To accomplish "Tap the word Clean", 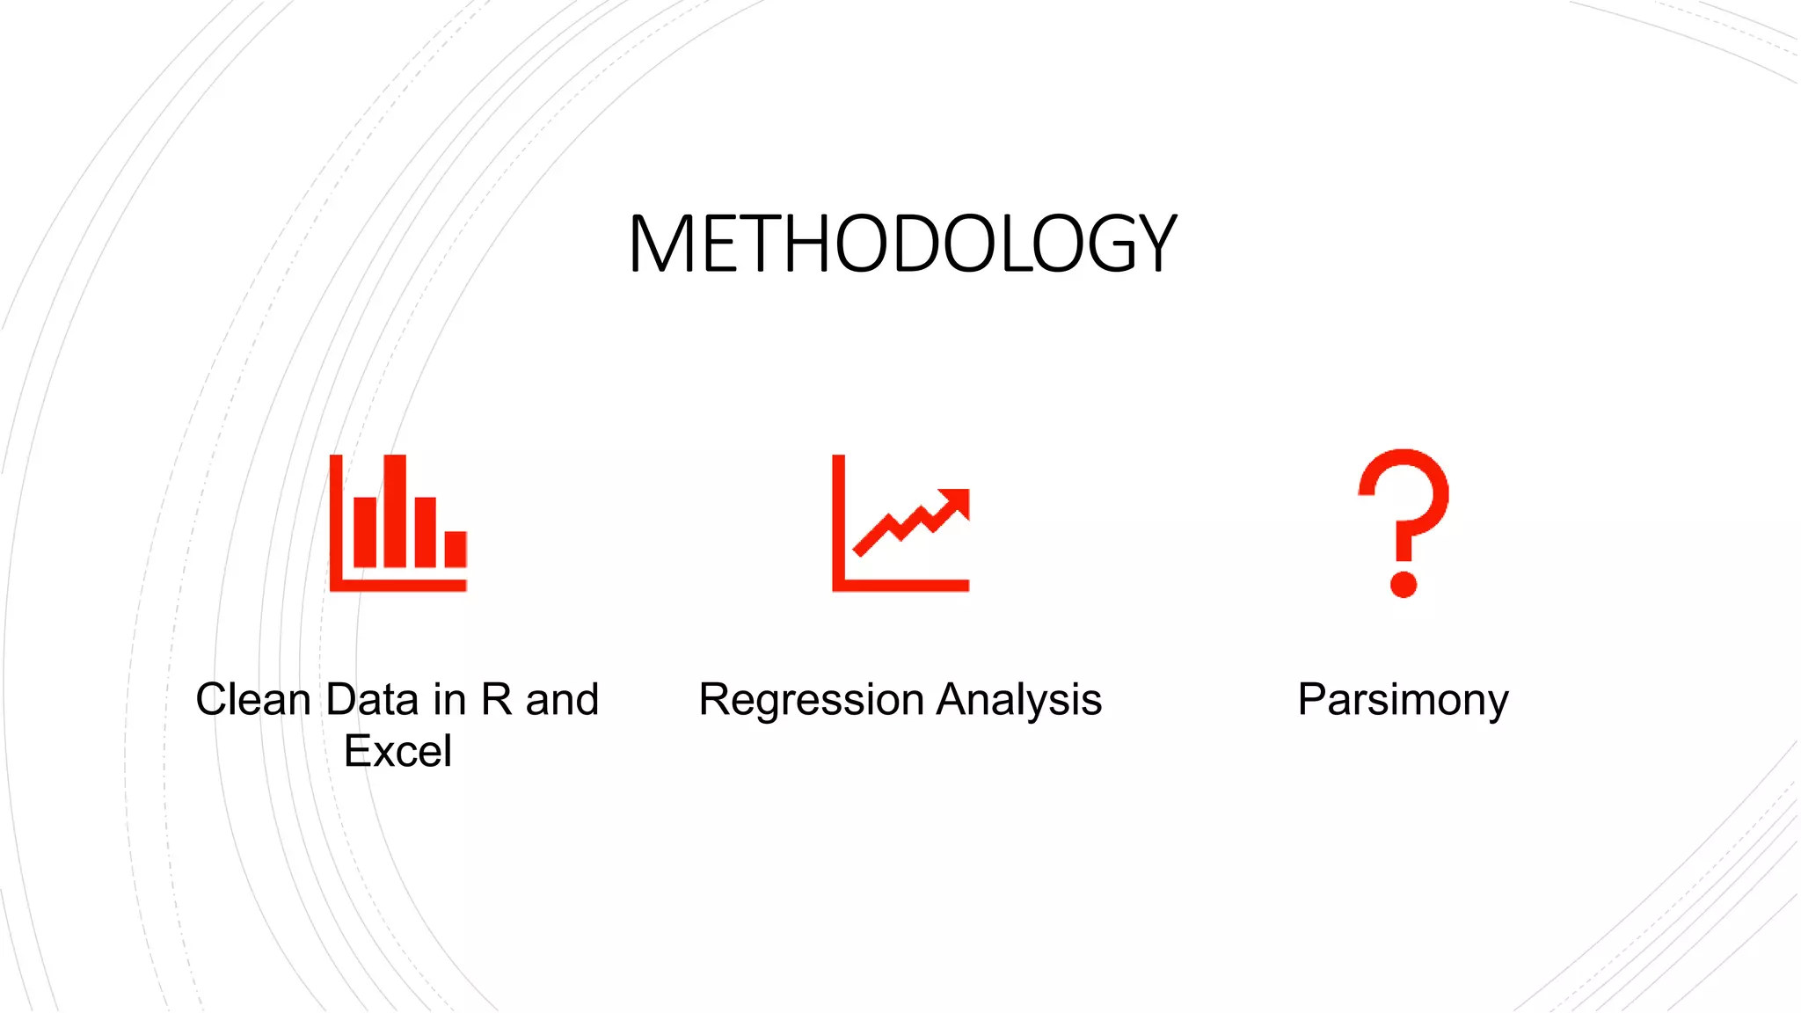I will coord(253,700).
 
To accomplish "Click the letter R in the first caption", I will coord(496,700).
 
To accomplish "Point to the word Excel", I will coord(397,751).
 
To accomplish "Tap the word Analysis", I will coord(1018,700).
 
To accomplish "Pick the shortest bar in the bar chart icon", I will coord(455,549).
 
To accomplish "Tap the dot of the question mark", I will coord(1403,584).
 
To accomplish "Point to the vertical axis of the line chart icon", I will coord(839,519).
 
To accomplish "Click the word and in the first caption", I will coord(562,700).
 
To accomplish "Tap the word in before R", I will coord(448,700).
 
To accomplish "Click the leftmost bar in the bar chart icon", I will coord(365,532).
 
